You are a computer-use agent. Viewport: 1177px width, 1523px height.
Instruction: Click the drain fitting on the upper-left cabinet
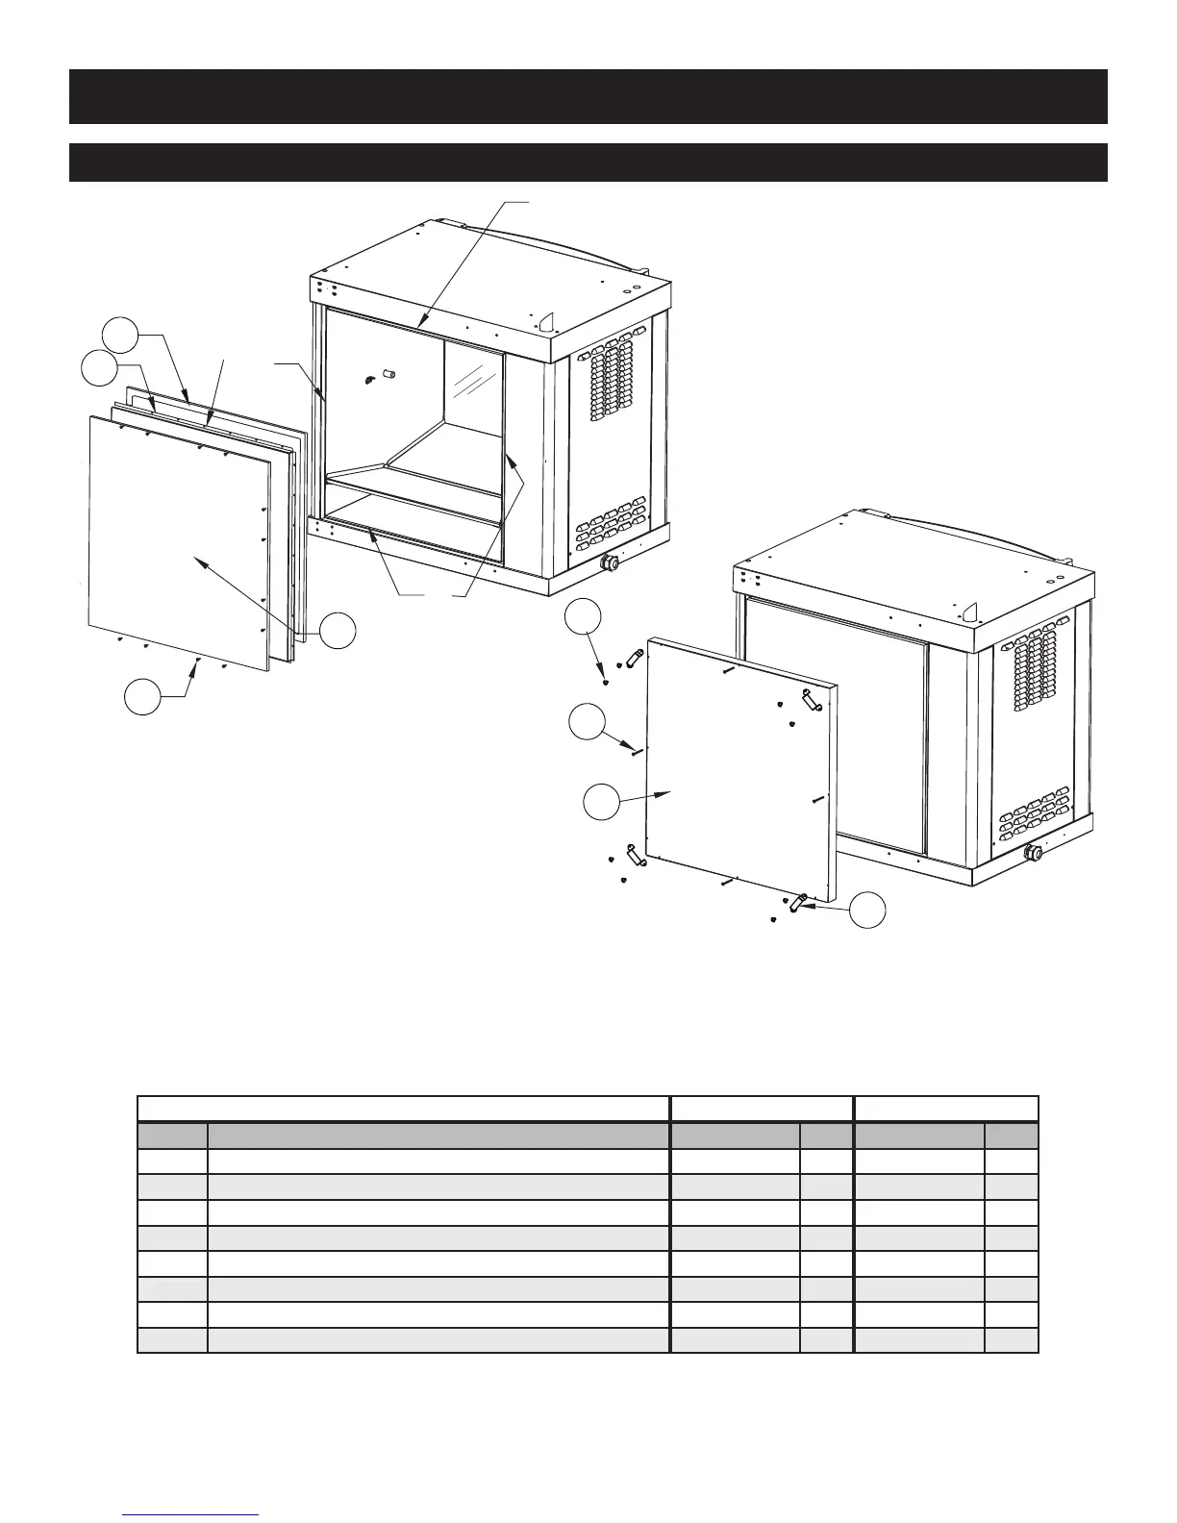coord(608,562)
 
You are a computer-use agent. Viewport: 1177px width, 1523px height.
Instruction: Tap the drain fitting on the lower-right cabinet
coord(1033,852)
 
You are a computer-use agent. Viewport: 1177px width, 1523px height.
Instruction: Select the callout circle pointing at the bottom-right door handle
coord(869,910)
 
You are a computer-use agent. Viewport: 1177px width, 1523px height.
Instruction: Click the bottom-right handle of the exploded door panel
coord(798,902)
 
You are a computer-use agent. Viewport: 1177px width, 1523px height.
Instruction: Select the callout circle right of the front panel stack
coord(338,631)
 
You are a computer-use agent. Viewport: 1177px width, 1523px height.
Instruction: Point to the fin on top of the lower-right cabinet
coord(971,611)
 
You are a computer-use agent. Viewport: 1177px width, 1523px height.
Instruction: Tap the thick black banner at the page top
coord(588,96)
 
